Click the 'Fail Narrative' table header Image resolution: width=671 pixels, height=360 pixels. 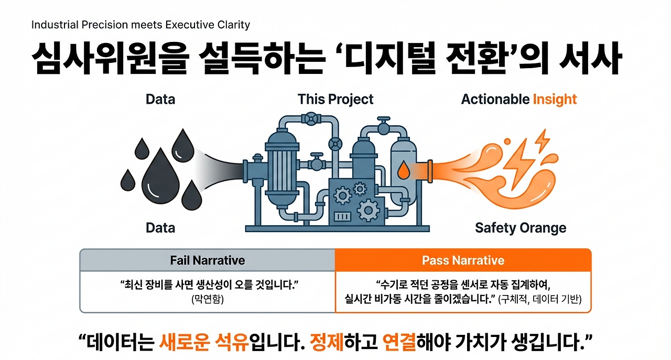point(207,260)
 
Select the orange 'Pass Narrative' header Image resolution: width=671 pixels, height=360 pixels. point(463,260)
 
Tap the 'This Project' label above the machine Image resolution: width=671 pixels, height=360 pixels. point(335,100)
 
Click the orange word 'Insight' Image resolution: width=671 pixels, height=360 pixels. point(555,100)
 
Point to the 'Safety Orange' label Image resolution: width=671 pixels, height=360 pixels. point(521,228)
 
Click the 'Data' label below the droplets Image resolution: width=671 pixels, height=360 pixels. point(160,228)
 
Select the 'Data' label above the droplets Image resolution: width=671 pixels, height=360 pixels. point(160,100)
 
